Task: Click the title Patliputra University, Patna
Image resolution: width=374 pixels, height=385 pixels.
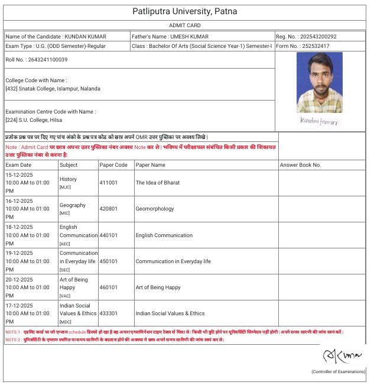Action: pyautogui.click(x=184, y=11)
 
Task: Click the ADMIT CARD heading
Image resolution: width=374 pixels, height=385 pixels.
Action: pyautogui.click(x=184, y=25)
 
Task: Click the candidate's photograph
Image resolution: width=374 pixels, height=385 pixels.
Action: pyautogui.click(x=320, y=83)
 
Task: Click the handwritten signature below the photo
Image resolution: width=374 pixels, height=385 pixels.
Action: pyautogui.click(x=319, y=121)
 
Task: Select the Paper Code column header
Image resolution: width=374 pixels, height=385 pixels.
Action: pyautogui.click(x=113, y=165)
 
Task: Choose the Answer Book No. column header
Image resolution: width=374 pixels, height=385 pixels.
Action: pyautogui.click(x=300, y=165)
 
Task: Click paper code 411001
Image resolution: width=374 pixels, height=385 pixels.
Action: pyautogui.click(x=109, y=183)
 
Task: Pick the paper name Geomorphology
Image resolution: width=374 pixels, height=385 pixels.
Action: pyautogui.click(x=155, y=209)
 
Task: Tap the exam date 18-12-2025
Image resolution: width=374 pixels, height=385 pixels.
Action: pyautogui.click(x=19, y=227)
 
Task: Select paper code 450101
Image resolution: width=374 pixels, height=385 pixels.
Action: pyautogui.click(x=109, y=261)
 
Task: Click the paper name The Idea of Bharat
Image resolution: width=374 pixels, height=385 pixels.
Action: pyautogui.click(x=158, y=183)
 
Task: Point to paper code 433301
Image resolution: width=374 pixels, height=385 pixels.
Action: pyautogui.click(x=109, y=313)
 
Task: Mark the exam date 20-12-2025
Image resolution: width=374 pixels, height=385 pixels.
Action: pyautogui.click(x=19, y=279)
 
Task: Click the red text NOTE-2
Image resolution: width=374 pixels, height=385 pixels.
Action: pyautogui.click(x=14, y=339)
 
